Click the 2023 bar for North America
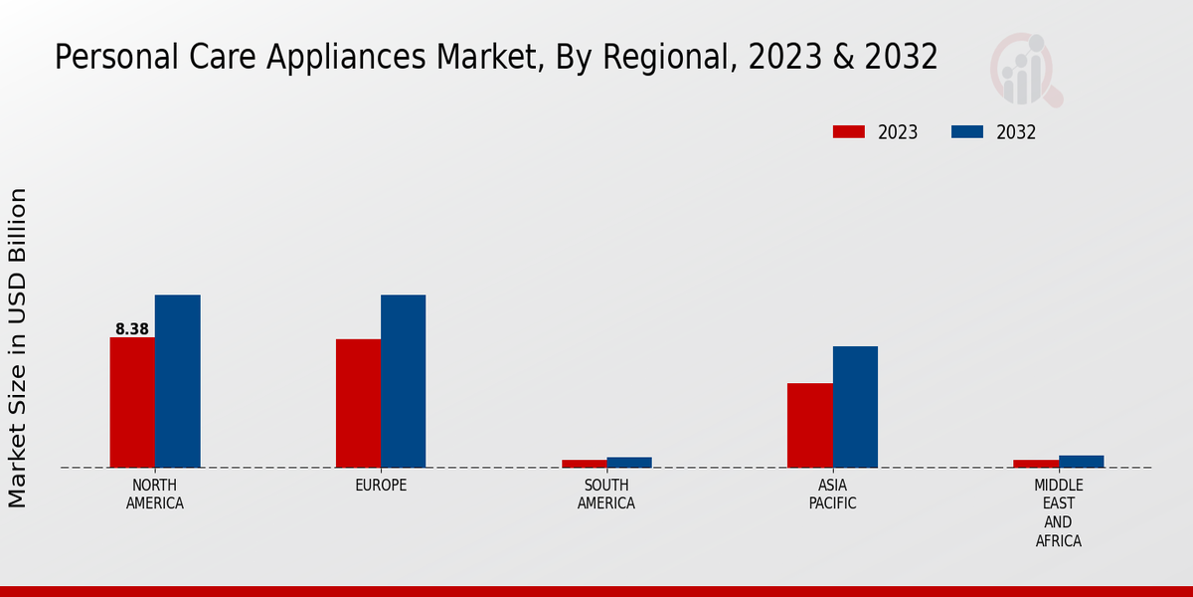click(132, 402)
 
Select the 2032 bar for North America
click(177, 381)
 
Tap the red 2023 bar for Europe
click(358, 403)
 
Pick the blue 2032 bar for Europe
click(403, 381)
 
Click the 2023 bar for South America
click(584, 464)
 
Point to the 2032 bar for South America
click(629, 463)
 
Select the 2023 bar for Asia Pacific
click(809, 425)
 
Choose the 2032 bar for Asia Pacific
click(855, 407)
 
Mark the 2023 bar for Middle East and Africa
click(1036, 464)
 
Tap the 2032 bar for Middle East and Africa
click(1081, 462)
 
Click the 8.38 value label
click(132, 328)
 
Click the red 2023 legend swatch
click(849, 132)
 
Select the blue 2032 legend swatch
click(967, 132)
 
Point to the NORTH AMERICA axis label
click(155, 495)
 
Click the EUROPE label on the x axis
click(381, 486)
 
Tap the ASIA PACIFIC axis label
click(832, 495)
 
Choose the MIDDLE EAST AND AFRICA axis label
click(1058, 513)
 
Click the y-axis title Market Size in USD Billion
click(18, 347)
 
